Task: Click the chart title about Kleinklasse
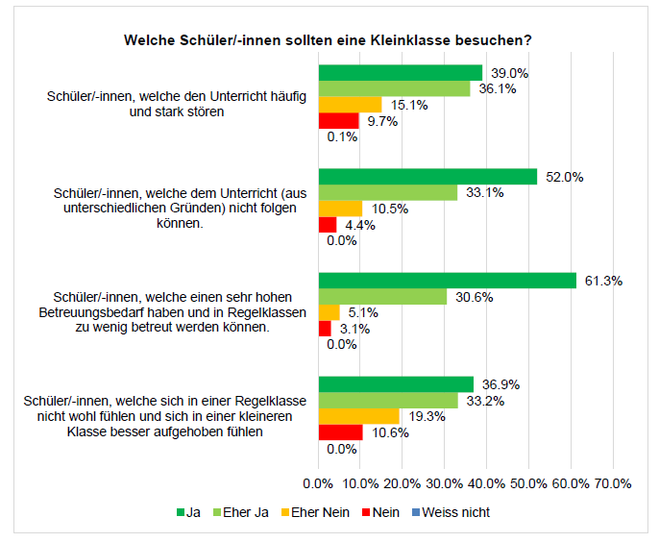pos(329,40)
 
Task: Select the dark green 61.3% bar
pos(448,281)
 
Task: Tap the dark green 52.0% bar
pos(427,177)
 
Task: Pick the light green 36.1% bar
pos(395,88)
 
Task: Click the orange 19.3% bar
pos(358,416)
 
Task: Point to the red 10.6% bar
pos(340,432)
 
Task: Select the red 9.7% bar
pos(338,120)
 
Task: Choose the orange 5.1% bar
pos(329,312)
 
